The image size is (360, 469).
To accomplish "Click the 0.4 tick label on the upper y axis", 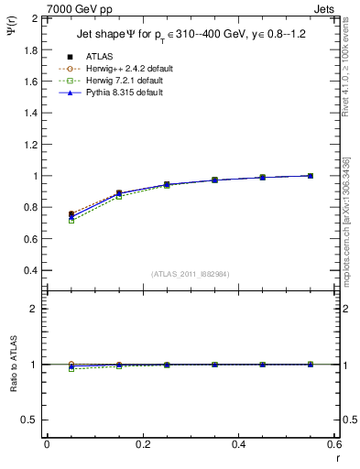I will click(x=30, y=270).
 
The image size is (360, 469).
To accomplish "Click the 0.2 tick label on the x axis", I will click(x=142, y=445).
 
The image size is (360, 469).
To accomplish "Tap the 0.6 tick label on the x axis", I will click(x=333, y=445).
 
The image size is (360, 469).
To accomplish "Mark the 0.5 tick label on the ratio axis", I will click(x=30, y=420).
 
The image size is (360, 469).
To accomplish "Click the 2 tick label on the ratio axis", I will click(x=35, y=309).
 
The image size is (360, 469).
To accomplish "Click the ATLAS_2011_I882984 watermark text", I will click(x=189, y=274).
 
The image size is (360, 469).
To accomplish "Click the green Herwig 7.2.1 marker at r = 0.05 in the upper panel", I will click(x=71, y=221).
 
